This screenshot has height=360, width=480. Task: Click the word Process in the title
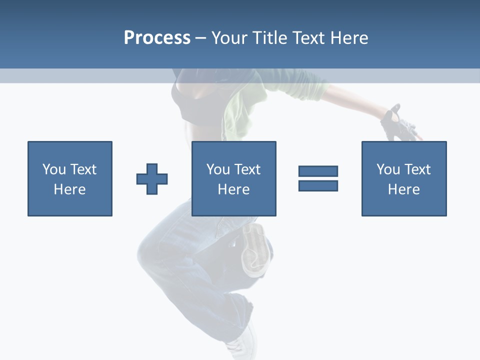(x=157, y=38)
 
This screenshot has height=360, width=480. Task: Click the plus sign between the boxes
(x=152, y=179)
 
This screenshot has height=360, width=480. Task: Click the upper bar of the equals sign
(x=318, y=171)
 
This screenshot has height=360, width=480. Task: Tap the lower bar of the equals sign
(x=318, y=185)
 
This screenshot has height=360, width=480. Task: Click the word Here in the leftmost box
(x=69, y=189)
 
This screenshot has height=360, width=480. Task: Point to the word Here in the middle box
(x=233, y=189)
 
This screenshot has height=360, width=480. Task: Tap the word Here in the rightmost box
(x=403, y=189)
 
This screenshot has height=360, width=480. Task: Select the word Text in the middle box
(x=248, y=169)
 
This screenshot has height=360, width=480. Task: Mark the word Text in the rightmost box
(x=418, y=169)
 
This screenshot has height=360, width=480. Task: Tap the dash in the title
(x=200, y=38)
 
